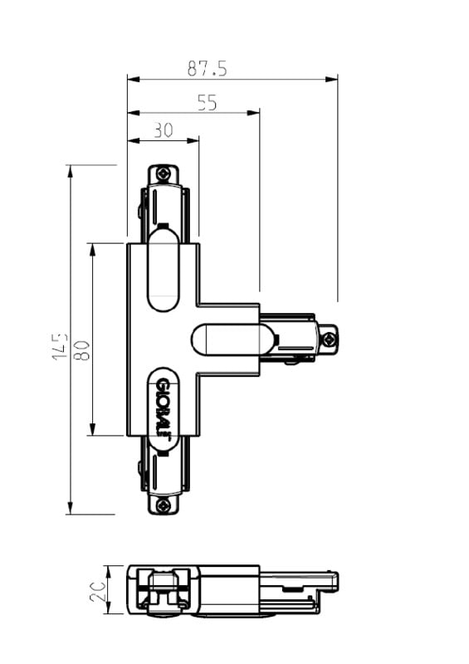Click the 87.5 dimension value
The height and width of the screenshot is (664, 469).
tap(208, 68)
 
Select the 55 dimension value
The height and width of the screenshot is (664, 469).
tap(208, 103)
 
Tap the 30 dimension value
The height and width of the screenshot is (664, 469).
tap(163, 130)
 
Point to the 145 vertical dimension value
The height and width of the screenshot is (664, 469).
tap(60, 346)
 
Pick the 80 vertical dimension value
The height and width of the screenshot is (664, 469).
tap(82, 349)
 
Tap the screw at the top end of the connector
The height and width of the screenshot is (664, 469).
tap(163, 173)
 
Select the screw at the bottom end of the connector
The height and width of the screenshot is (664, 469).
tap(163, 505)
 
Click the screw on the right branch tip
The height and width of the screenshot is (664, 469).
tap(330, 339)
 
